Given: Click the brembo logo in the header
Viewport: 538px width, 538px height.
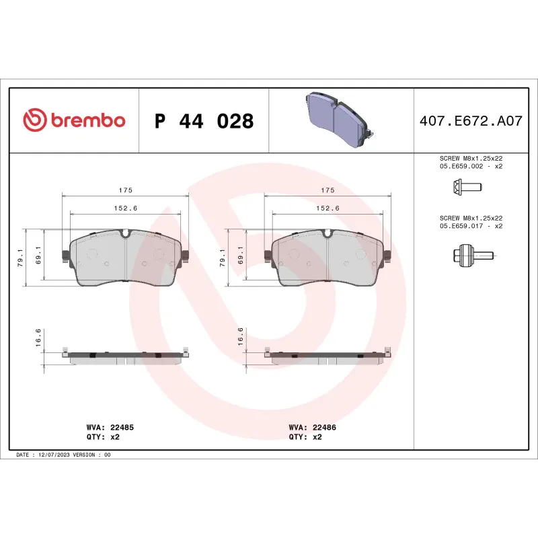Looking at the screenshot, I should point(74,120).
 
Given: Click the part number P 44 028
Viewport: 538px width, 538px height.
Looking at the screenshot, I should point(204,121).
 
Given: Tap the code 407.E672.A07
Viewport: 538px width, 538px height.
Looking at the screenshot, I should point(470,121).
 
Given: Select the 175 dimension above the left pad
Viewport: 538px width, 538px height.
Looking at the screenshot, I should point(125,190).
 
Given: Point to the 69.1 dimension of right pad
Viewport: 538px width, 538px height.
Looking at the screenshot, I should point(240,258).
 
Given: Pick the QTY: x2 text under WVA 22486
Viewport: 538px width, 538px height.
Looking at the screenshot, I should point(305,436).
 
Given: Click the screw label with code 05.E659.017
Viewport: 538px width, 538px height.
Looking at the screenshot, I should point(470,222).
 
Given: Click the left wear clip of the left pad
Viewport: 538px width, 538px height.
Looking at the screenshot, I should point(65,256).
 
